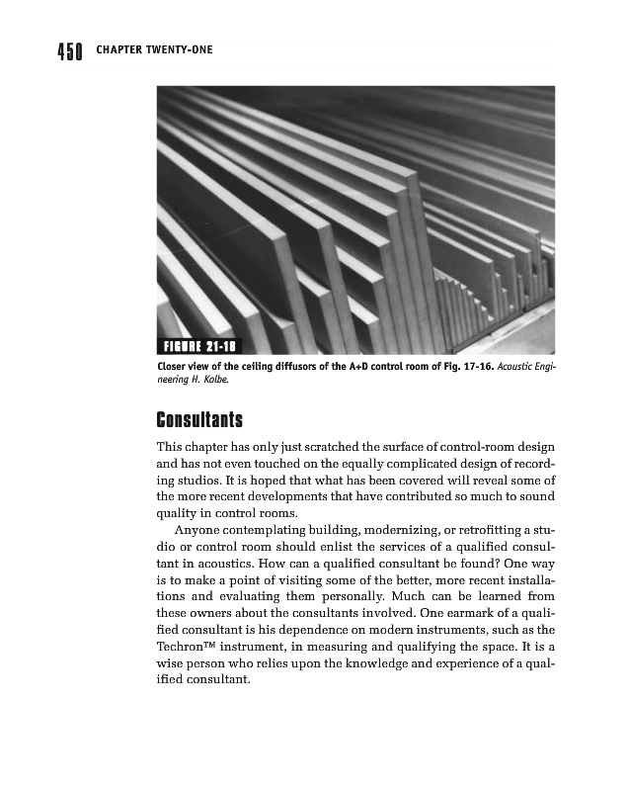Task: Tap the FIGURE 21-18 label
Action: pyautogui.click(x=201, y=346)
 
